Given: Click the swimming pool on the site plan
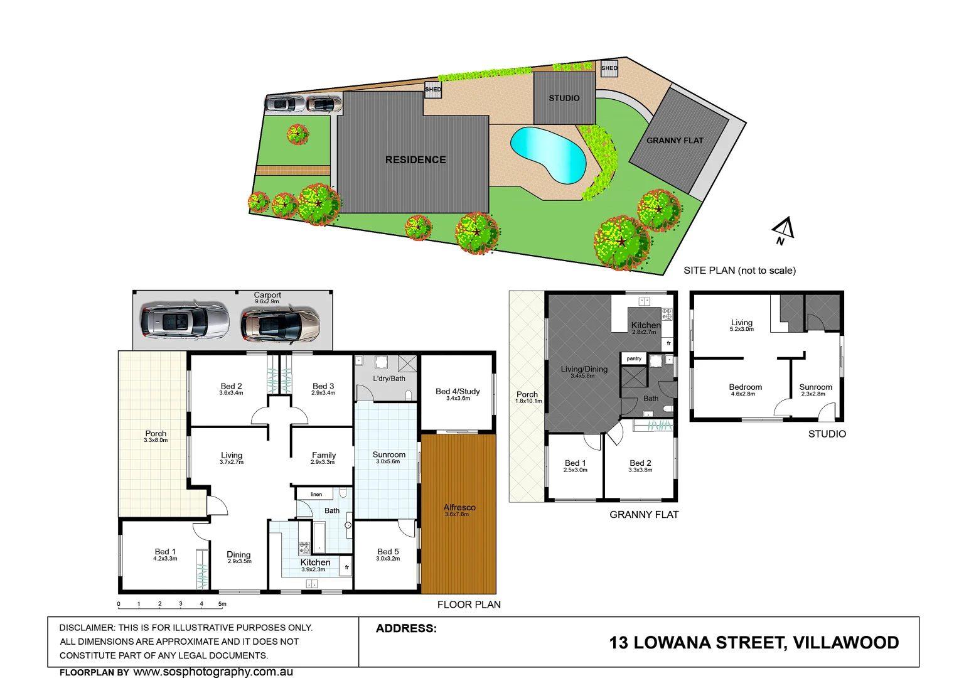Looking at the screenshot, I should click(x=548, y=154).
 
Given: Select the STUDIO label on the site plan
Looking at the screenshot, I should click(x=564, y=98).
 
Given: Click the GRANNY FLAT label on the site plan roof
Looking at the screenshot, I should click(x=675, y=141).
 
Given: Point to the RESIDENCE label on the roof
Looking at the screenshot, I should click(x=415, y=159).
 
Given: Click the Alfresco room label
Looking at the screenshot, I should click(x=459, y=507).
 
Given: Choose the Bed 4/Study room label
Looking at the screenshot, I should click(x=458, y=391).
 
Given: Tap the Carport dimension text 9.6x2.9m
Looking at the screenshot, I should click(x=267, y=302).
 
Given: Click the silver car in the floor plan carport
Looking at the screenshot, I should click(x=185, y=321).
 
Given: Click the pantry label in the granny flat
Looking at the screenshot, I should click(x=634, y=358).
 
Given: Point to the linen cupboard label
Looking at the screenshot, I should click(x=316, y=495).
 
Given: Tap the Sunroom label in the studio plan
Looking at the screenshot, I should click(x=815, y=387).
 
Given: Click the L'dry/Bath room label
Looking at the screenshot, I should click(x=389, y=379).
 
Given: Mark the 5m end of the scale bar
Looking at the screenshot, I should click(x=222, y=605).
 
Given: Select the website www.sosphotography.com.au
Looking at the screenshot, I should click(x=213, y=672).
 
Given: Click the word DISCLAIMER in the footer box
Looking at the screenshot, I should click(x=87, y=628).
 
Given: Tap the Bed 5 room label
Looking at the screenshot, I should click(x=388, y=551).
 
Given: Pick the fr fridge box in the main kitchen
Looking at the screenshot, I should click(x=346, y=568).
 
